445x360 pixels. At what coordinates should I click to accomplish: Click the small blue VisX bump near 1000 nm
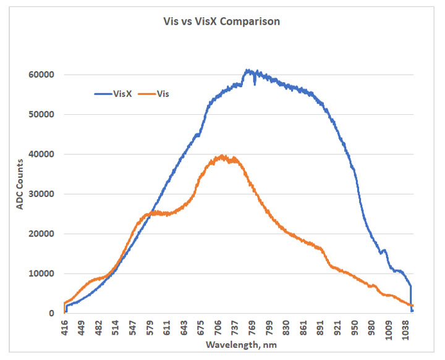click(x=384, y=250)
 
